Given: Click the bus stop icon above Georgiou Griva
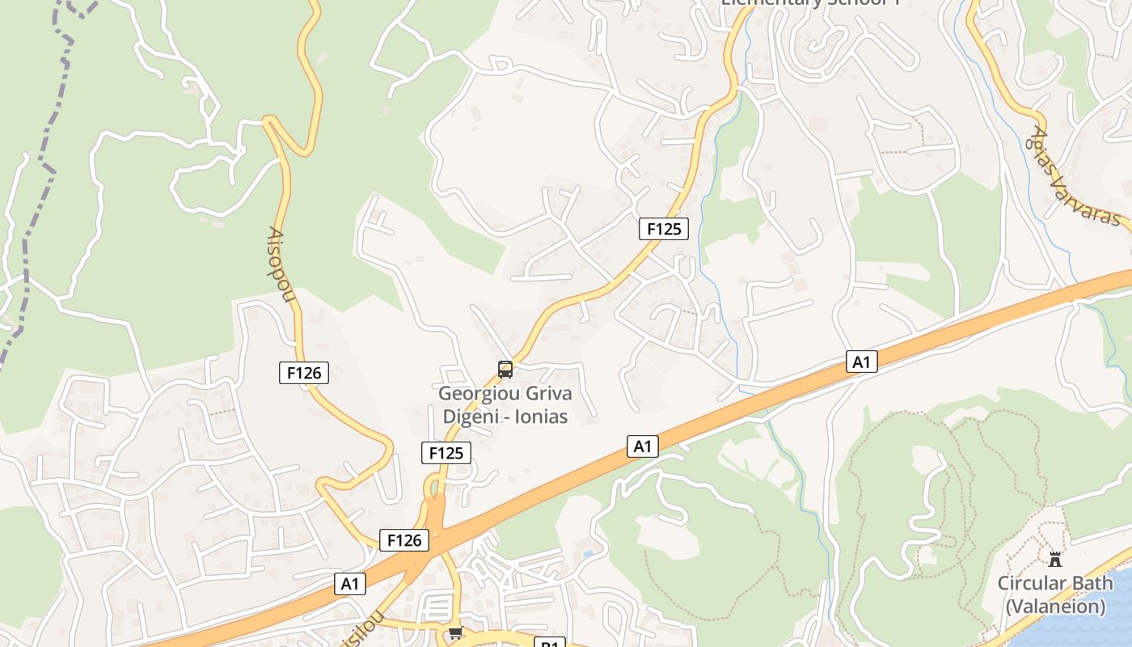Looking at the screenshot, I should (x=505, y=370).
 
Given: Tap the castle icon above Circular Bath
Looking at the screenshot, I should (x=1055, y=559).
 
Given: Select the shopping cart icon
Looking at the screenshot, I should (x=455, y=633).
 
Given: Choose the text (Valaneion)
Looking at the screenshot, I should (x=1055, y=605).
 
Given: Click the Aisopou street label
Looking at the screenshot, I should (x=281, y=265).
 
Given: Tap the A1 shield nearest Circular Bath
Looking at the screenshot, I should (x=861, y=362).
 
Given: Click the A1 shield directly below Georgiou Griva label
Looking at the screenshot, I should (x=643, y=446).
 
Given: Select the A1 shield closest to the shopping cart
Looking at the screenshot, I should (x=350, y=584).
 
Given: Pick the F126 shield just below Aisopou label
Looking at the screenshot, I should (x=304, y=373).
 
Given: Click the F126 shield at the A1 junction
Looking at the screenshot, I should (x=404, y=540).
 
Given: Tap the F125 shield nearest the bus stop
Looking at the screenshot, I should (x=446, y=453).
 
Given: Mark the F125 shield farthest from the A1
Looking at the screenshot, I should (x=664, y=229).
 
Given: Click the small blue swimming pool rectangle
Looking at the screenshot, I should (x=587, y=554).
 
